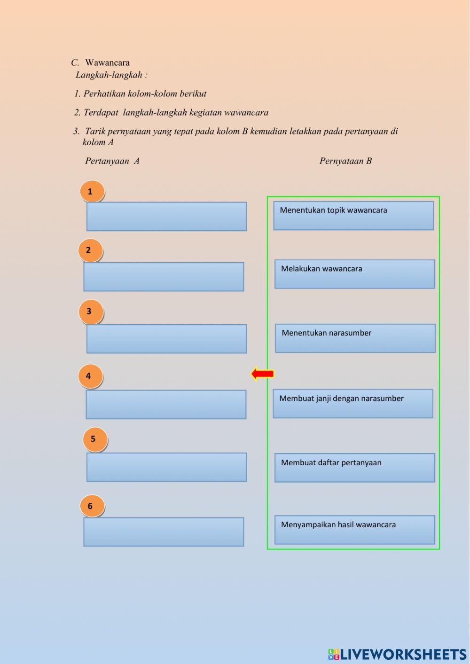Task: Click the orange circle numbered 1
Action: (x=92, y=191)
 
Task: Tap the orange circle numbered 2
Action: (x=90, y=250)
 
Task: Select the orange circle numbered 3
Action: (x=90, y=312)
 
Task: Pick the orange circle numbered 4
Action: (x=90, y=376)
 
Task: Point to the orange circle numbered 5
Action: (x=94, y=439)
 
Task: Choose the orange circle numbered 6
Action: (x=92, y=506)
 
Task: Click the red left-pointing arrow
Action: (x=262, y=374)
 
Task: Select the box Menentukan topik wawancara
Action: (x=353, y=216)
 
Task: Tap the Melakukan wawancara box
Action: (x=354, y=274)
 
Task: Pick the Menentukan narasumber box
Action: (x=355, y=338)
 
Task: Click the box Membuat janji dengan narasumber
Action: (x=352, y=403)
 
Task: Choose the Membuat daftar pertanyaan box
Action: (x=354, y=468)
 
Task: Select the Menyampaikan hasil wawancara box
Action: (x=354, y=530)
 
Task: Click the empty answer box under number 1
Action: (x=166, y=216)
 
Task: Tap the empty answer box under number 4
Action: (x=166, y=404)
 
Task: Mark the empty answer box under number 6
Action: (x=164, y=531)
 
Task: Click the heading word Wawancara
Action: (x=107, y=62)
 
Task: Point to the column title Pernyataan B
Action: (x=345, y=161)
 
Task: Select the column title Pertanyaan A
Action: (x=112, y=161)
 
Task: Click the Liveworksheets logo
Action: (x=397, y=654)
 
